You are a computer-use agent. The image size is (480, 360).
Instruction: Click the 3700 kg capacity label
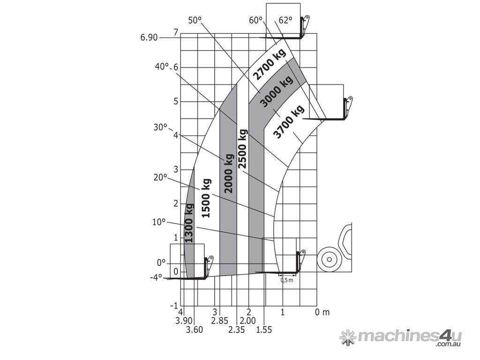click(x=289, y=122)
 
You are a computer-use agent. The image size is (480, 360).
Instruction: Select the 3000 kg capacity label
click(x=277, y=91)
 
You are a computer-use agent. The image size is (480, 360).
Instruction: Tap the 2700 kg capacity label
click(x=271, y=64)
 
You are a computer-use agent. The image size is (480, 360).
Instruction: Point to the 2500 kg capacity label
click(x=243, y=149)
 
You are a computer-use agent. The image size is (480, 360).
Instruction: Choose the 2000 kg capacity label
click(x=229, y=173)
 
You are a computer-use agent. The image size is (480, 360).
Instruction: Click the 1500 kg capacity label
click(x=206, y=198)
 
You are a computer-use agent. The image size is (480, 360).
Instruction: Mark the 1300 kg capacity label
click(x=189, y=223)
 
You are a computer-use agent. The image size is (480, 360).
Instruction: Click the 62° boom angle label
click(x=285, y=21)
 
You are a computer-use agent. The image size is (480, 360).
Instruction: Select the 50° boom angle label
click(x=195, y=21)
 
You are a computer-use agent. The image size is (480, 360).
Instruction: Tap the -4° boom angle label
click(x=156, y=278)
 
